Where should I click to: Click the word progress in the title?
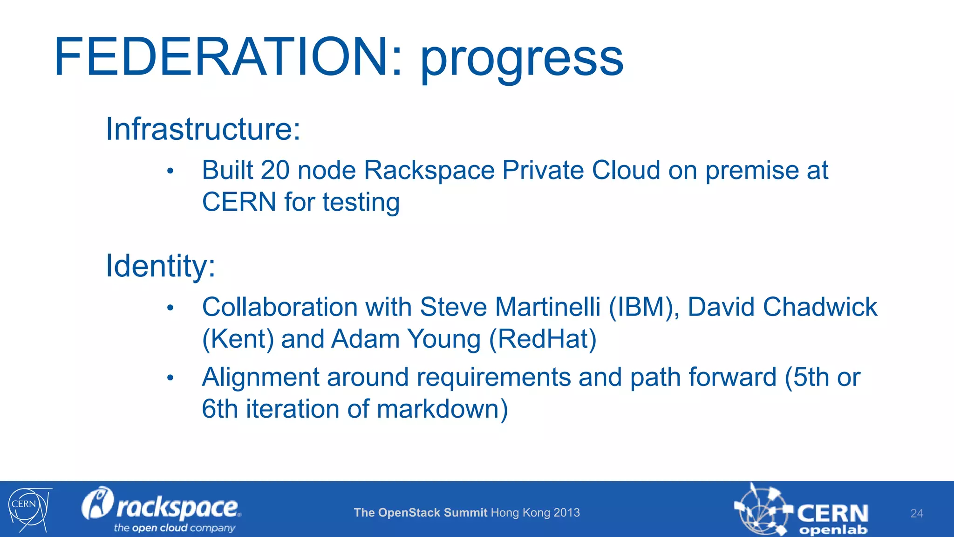pos(522,60)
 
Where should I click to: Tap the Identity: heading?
pos(161,266)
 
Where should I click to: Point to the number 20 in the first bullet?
pos(275,170)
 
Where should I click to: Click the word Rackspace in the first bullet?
pos(429,170)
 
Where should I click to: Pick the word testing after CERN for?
pos(361,202)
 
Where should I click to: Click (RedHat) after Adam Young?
pos(543,339)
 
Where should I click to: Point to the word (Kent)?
pos(238,339)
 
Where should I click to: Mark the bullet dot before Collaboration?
pos(170,308)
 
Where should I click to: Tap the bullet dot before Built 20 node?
pos(170,171)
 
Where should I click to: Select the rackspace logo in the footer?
pos(161,509)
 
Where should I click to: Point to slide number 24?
pos(916,513)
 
